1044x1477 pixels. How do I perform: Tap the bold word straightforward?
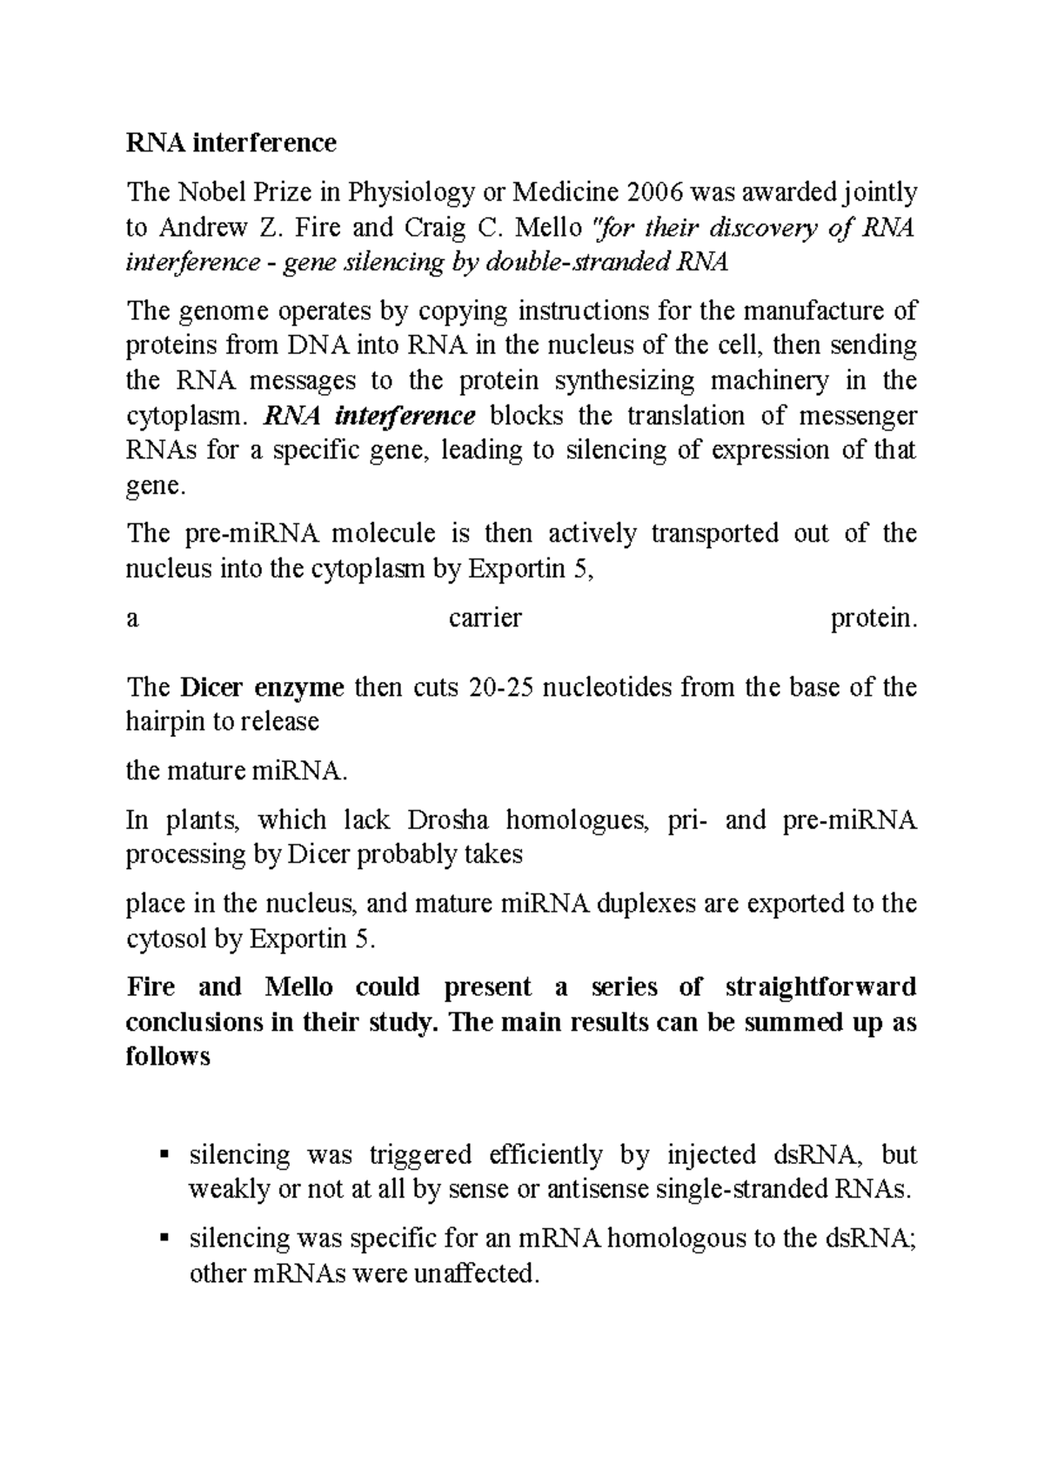(x=820, y=987)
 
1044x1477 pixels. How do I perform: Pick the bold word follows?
(x=168, y=1056)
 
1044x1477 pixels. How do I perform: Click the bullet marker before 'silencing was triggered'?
(x=164, y=1155)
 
